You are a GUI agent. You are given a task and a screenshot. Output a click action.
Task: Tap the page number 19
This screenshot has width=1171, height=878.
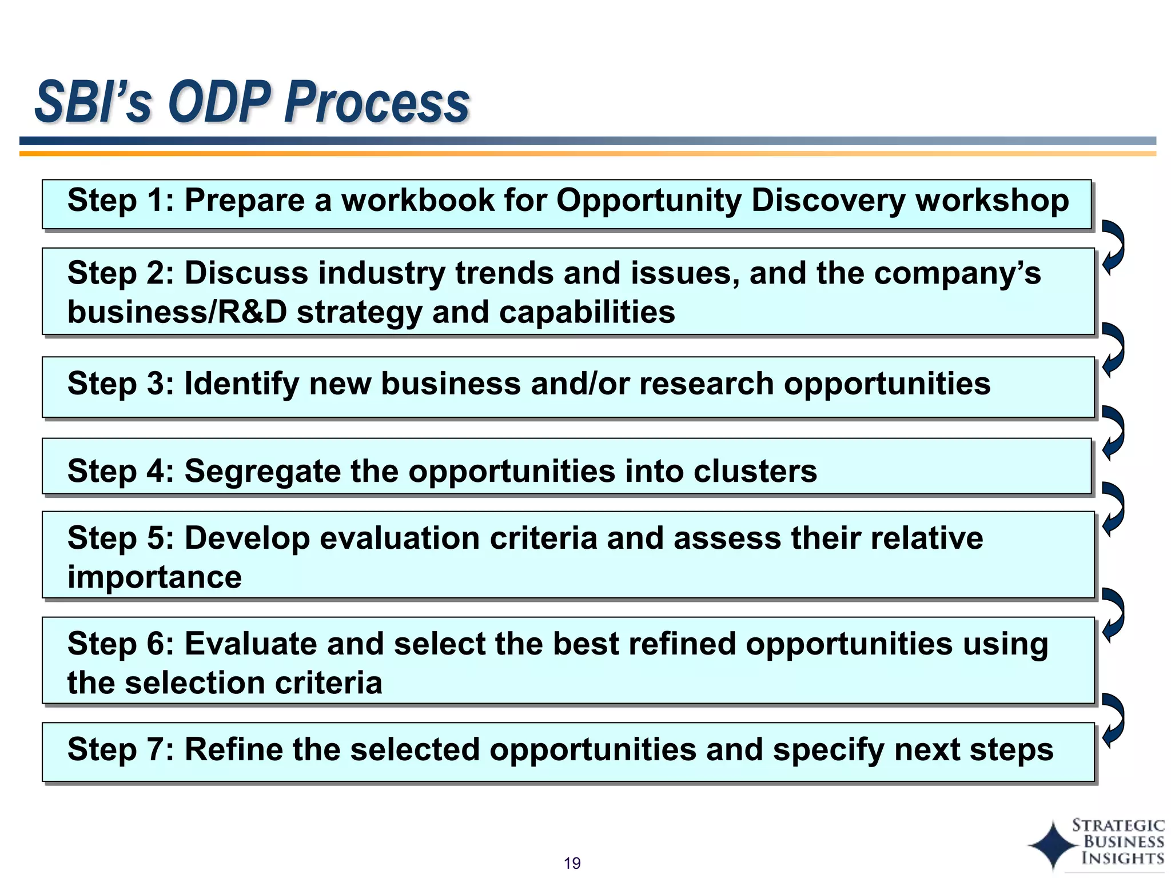pos(572,863)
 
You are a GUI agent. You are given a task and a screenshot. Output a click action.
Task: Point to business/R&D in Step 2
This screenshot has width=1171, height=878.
pos(177,312)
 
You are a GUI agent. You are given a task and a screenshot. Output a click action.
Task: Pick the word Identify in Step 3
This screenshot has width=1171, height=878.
pos(241,384)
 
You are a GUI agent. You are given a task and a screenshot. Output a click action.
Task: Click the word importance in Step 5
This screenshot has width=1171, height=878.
pos(154,577)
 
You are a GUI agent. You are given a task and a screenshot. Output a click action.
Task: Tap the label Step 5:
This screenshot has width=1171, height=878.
pos(121,538)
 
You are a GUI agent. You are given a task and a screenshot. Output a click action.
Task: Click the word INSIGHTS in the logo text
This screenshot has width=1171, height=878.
pos(1122,858)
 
